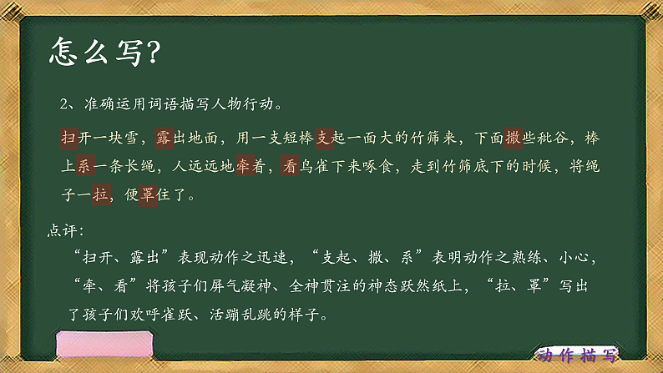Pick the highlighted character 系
point(84,167)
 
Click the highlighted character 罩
point(145,197)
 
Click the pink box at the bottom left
point(104,346)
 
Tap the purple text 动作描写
point(576,356)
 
